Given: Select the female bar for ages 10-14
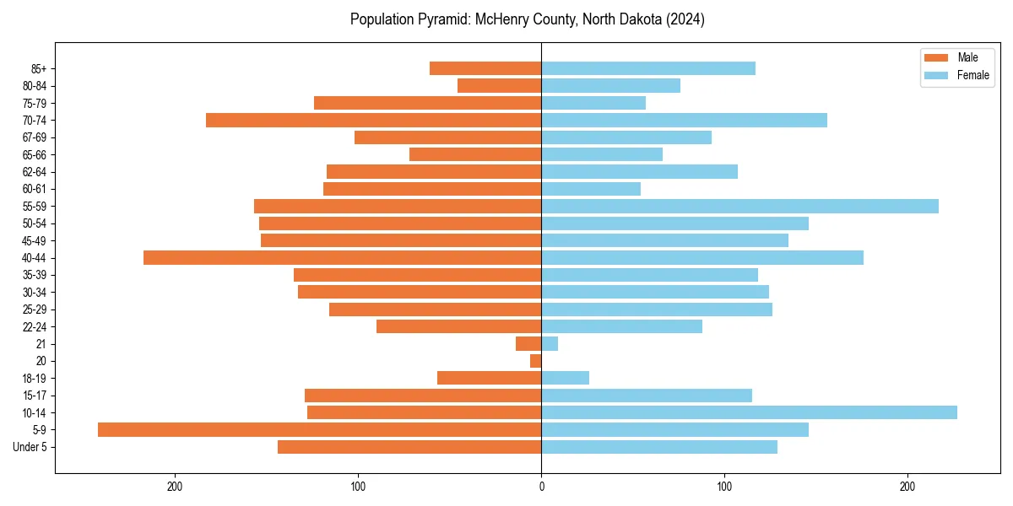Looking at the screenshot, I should pos(749,412).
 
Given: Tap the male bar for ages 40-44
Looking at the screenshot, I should pos(342,257).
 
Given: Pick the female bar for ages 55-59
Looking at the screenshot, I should pos(739,206).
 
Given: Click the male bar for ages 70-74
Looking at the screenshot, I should pos(373,120).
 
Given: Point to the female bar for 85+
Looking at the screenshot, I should pos(648,68).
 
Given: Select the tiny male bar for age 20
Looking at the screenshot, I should pos(536,361).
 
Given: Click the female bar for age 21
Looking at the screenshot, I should pos(550,343).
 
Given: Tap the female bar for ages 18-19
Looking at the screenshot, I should pos(565,378).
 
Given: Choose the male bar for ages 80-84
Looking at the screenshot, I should pos(499,85).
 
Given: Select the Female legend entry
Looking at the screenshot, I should pos(957,75).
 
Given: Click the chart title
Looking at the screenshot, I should pos(528,19).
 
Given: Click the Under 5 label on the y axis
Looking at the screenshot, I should pos(30,447).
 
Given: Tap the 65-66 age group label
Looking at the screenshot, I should pos(35,154).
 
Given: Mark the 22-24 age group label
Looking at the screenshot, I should pos(35,326).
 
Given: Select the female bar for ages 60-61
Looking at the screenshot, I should pos(591,189).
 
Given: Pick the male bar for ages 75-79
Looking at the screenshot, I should pos(427,103).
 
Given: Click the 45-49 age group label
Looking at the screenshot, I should pos(35,240).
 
